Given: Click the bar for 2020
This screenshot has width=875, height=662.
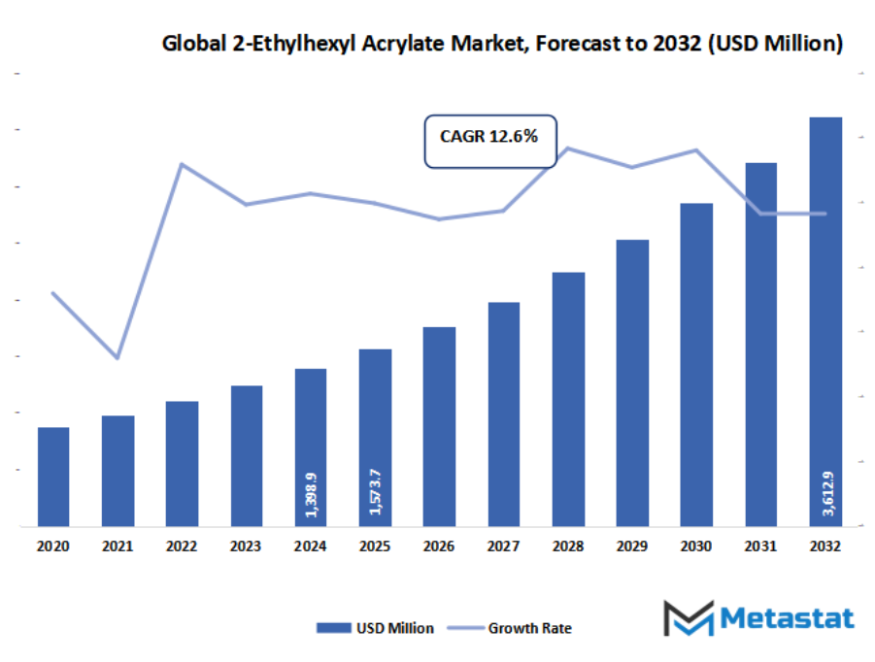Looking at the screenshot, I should pyautogui.click(x=53, y=477).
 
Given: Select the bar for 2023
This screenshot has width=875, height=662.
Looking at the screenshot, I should pyautogui.click(x=247, y=456).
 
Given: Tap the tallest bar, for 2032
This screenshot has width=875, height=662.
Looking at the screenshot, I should pyautogui.click(x=825, y=321).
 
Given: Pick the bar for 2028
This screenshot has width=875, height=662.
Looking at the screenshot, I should pyautogui.click(x=568, y=399).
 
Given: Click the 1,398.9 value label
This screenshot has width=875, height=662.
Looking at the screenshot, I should pyautogui.click(x=311, y=494).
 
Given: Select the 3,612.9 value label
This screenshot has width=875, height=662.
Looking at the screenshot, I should pyautogui.click(x=826, y=492).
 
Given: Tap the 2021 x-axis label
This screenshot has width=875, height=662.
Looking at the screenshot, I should pyautogui.click(x=118, y=547).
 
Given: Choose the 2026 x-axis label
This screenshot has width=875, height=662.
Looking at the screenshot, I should pyautogui.click(x=440, y=547).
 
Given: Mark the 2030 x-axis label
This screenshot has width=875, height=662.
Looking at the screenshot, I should pyautogui.click(x=696, y=547).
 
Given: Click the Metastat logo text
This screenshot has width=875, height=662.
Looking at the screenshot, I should pyautogui.click(x=786, y=619).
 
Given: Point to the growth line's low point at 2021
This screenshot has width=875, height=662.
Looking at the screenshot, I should pyautogui.click(x=118, y=358).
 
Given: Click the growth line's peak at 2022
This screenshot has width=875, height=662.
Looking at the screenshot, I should pyautogui.click(x=182, y=164).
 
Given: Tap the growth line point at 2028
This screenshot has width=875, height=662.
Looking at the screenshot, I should pyautogui.click(x=568, y=149).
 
